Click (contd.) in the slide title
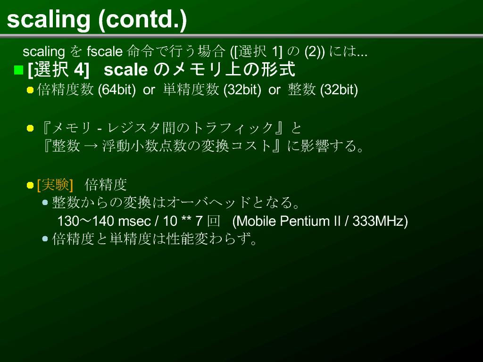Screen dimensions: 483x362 (x=142, y=20)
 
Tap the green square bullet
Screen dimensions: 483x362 (x=18, y=70)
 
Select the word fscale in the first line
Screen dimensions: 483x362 (x=105, y=51)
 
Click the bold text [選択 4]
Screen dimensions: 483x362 (x=58, y=70)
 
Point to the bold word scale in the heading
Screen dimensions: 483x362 (x=125, y=70)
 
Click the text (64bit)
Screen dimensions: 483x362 (x=117, y=90)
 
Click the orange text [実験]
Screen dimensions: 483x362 (x=55, y=185)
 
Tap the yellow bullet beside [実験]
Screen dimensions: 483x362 (x=30, y=185)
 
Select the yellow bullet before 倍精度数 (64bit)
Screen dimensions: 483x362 (x=30, y=90)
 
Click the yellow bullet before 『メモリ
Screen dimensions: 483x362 (x=30, y=128)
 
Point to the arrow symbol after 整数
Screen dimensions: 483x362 (x=91, y=146)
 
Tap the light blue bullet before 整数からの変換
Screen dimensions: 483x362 (x=45, y=203)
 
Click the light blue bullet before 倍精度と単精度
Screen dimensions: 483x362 (x=45, y=239)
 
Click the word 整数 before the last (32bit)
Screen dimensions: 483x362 (x=301, y=90)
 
